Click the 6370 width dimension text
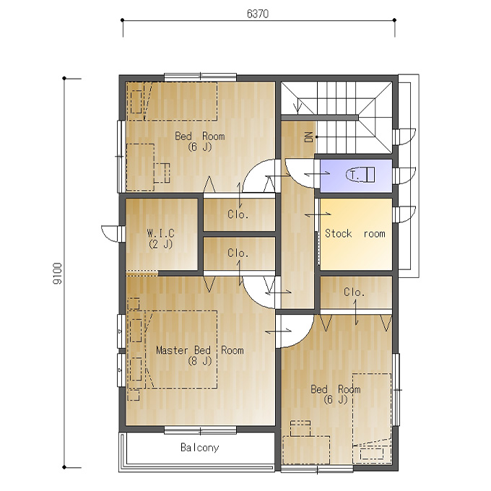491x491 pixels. pyautogui.click(x=257, y=14)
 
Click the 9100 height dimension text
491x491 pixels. pyautogui.click(x=57, y=274)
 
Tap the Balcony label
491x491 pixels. pyautogui.click(x=200, y=448)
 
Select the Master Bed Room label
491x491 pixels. pyautogui.click(x=200, y=349)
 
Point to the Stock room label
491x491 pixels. pyautogui.click(x=355, y=233)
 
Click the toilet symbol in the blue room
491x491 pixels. pyautogui.click(x=360, y=175)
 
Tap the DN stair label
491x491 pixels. pyautogui.click(x=309, y=137)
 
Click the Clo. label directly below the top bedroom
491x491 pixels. pyautogui.click(x=238, y=214)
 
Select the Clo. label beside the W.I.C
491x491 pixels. pyautogui.click(x=238, y=253)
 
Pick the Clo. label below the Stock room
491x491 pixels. pyautogui.click(x=354, y=292)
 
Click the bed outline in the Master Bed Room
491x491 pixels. pyautogui.click(x=181, y=349)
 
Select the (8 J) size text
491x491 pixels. pyautogui.click(x=200, y=361)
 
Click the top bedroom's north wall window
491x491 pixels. pyautogui.click(x=201, y=77)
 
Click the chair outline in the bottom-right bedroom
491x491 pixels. pyautogui.click(x=300, y=429)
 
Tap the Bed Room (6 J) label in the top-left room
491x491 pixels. pyautogui.click(x=200, y=142)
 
